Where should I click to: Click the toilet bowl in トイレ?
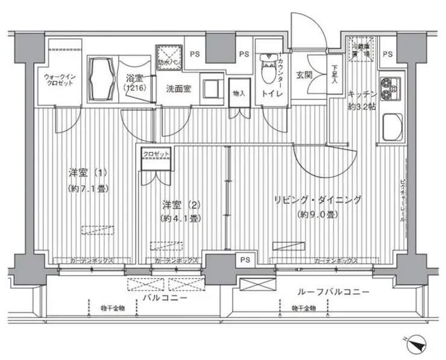265,71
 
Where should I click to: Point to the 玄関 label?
304,75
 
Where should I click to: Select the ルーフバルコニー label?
333,292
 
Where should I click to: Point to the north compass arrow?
416,344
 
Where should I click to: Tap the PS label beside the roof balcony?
244,260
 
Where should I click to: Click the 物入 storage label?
239,93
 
